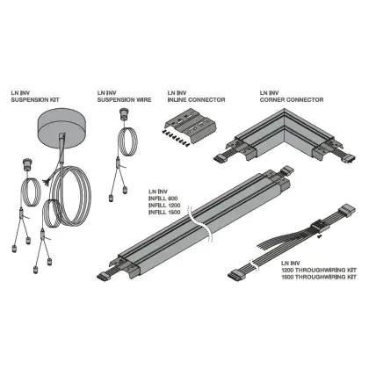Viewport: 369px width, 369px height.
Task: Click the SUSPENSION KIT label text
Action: click(x=35, y=100)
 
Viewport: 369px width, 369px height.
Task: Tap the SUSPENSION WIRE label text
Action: click(x=124, y=100)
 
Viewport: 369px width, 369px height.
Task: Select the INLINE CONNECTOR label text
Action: click(x=196, y=100)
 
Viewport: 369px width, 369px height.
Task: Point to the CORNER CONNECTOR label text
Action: click(x=292, y=100)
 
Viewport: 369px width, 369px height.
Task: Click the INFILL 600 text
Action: click(x=163, y=199)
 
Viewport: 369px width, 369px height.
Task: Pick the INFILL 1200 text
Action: click(x=164, y=206)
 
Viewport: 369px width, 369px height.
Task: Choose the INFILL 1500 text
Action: click(x=164, y=213)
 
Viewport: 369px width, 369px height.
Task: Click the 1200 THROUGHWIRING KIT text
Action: click(x=319, y=270)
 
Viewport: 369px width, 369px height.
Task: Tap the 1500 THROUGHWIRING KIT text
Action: click(x=319, y=277)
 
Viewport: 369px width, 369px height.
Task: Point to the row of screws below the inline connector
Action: click(x=176, y=139)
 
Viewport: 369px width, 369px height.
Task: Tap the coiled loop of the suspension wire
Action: click(x=128, y=141)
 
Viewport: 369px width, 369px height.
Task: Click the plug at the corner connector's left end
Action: click(x=220, y=158)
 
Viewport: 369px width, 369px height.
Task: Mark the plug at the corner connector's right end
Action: click(x=350, y=158)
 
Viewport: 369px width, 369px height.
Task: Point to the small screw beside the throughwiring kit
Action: click(x=320, y=237)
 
